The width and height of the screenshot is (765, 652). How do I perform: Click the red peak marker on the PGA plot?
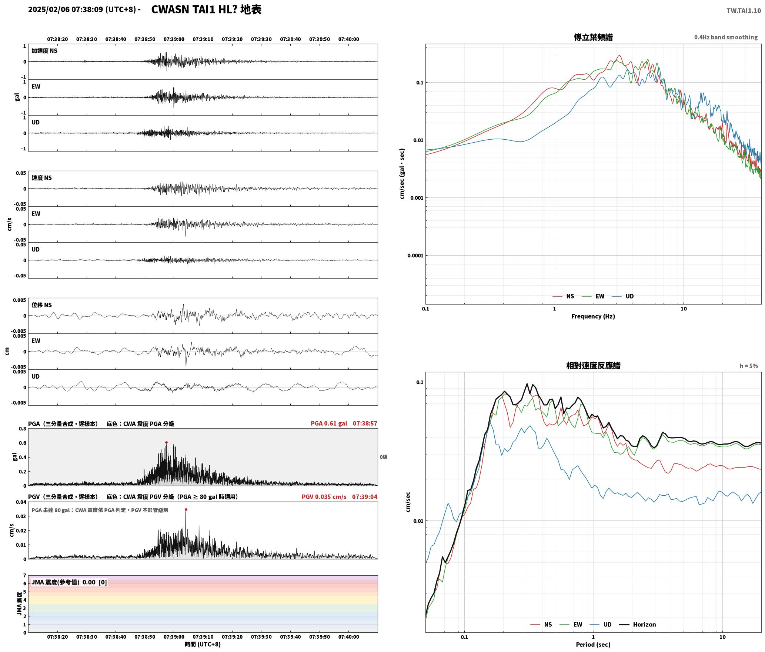tap(166, 442)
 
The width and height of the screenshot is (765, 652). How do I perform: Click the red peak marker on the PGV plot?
tap(186, 509)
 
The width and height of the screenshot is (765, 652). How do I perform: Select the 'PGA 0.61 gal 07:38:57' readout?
tap(344, 423)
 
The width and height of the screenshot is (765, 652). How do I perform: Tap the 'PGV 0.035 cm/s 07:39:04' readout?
tap(340, 497)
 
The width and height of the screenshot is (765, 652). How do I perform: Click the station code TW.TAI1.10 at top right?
tap(744, 11)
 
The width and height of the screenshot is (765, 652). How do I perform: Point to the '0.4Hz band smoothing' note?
tap(726, 37)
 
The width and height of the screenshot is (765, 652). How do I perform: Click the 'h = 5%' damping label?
tap(749, 366)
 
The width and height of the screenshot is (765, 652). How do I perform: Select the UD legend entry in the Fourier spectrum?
tap(623, 296)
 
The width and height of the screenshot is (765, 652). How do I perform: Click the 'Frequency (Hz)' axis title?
tap(593, 316)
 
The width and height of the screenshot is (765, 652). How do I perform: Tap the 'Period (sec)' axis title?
tap(593, 645)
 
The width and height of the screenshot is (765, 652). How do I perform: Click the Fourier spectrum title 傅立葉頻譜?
tap(593, 37)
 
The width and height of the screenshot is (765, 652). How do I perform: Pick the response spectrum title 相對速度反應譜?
tap(593, 366)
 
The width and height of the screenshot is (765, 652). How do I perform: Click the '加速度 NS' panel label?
tap(44, 51)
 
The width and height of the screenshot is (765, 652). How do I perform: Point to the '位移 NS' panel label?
tap(41, 305)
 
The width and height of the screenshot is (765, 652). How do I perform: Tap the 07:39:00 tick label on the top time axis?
tap(174, 39)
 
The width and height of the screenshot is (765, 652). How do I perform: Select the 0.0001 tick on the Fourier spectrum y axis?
tap(415, 256)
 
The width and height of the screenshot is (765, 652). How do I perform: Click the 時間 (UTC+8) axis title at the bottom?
tap(203, 644)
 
